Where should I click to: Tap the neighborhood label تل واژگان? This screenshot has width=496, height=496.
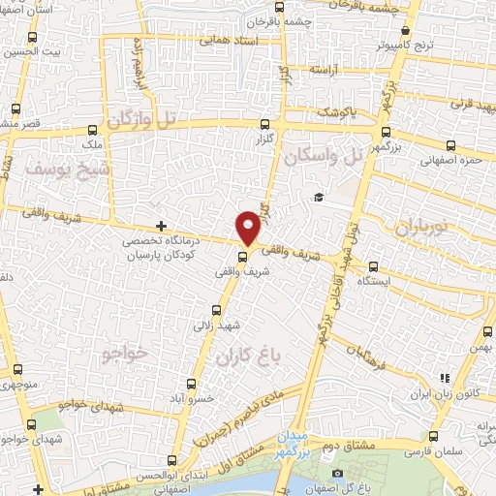[145, 120]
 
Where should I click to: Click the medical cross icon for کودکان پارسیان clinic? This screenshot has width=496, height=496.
[162, 226]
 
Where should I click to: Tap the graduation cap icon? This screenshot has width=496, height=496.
[317, 198]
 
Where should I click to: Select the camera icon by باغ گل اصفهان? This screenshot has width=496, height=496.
[337, 473]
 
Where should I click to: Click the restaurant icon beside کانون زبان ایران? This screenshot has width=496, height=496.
[445, 378]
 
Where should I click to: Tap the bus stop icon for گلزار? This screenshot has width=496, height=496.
[264, 123]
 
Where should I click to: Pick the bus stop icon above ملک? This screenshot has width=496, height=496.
[93, 130]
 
